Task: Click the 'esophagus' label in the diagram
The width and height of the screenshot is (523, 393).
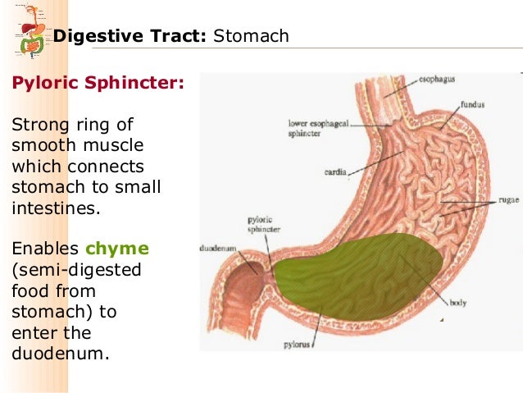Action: [439, 80]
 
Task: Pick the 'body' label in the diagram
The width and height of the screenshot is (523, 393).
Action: [458, 303]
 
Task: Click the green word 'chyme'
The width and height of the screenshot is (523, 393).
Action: [123, 249]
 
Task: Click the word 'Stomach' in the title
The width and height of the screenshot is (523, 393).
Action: [251, 36]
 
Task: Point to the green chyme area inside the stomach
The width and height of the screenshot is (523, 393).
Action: [361, 275]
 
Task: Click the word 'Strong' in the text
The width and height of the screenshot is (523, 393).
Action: [35, 125]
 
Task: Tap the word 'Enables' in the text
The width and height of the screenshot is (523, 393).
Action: [43, 249]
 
